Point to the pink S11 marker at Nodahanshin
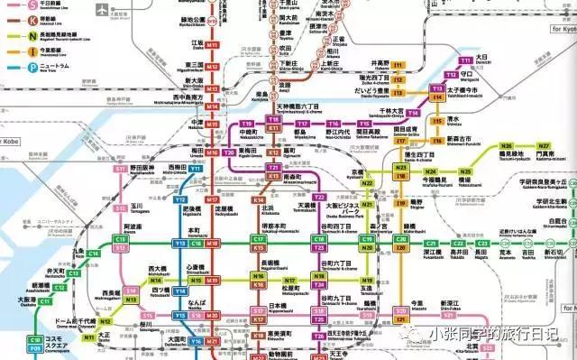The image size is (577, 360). click(x=119, y=169)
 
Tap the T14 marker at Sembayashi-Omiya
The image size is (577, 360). click(x=414, y=113)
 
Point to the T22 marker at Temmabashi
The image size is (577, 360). click(x=319, y=197)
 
